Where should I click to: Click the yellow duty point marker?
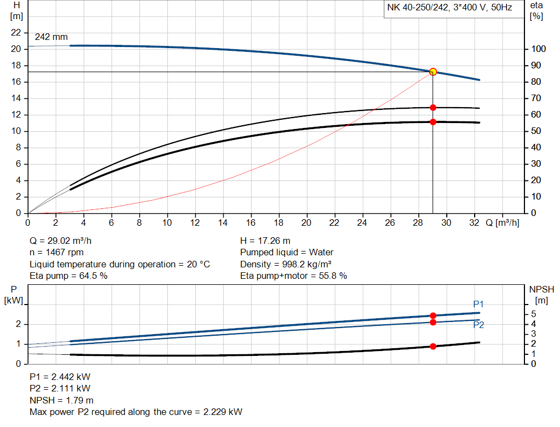(x=433, y=72)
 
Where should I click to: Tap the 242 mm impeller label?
(x=51, y=37)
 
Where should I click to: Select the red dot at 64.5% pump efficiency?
(x=433, y=108)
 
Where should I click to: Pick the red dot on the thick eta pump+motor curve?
(x=433, y=122)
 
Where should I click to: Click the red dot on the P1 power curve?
(x=433, y=315)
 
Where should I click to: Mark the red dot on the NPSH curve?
(x=433, y=346)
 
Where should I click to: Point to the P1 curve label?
(x=479, y=304)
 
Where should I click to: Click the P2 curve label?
(x=479, y=325)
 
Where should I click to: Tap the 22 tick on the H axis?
(x=16, y=33)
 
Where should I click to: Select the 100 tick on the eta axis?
(x=539, y=49)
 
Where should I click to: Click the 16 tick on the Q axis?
(x=251, y=223)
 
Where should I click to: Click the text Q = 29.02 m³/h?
(x=65, y=241)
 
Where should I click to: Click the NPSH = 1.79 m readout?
(x=61, y=400)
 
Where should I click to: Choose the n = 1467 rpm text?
(x=56, y=253)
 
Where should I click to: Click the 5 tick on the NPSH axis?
(x=533, y=314)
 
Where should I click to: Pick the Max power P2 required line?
(x=136, y=412)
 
